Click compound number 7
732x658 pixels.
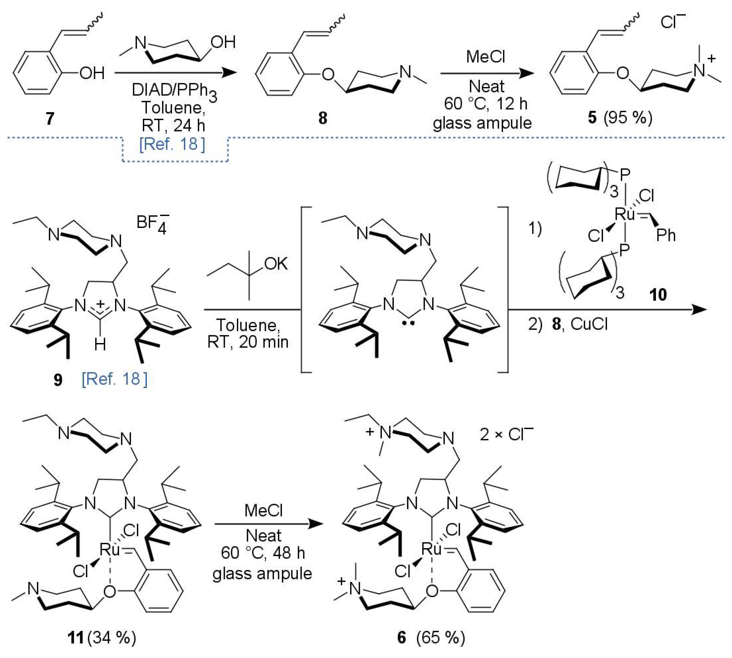tap(50, 118)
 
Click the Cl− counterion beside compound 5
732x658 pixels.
tap(672, 23)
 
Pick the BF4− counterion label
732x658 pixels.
tap(152, 223)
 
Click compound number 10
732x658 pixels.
tap(658, 295)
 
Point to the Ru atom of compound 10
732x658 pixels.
tap(625, 214)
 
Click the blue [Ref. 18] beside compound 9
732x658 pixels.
tap(115, 379)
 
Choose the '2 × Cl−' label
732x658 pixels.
tap(506, 434)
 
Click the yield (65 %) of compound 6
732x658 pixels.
tap(440, 637)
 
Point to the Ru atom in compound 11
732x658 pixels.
tap(109, 550)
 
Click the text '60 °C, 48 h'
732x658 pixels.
tap(263, 553)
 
